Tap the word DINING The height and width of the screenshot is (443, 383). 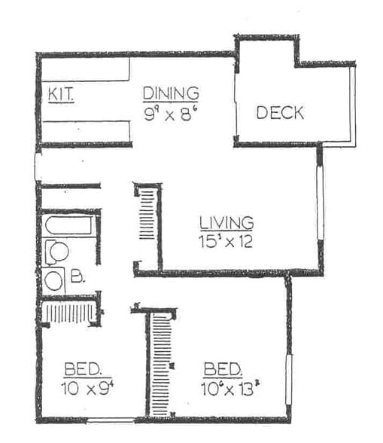(172, 93)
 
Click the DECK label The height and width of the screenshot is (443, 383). (280, 113)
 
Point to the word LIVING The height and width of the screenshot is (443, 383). (226, 223)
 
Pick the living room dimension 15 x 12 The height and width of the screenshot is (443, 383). (226, 243)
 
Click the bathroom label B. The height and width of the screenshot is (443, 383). (78, 276)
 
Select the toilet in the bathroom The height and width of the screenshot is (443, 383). (56, 252)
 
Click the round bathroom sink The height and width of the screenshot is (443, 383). (54, 282)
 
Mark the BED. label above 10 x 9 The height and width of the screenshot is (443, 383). (87, 369)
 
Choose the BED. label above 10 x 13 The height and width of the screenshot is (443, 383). (223, 369)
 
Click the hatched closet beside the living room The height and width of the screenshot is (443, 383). (146, 215)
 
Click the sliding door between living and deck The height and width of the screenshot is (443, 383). (236, 105)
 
